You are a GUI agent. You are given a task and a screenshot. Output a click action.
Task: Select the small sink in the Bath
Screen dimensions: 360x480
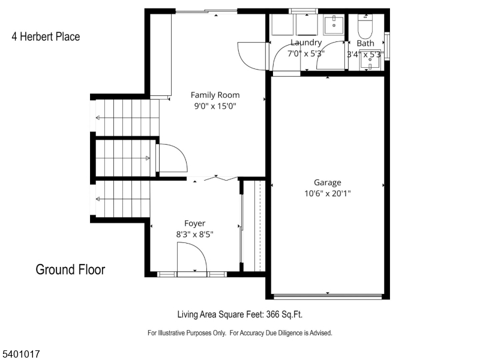365,61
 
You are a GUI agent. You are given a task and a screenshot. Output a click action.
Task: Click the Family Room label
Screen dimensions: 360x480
215,95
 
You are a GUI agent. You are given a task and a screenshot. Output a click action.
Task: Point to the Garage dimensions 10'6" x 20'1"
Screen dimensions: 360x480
328,193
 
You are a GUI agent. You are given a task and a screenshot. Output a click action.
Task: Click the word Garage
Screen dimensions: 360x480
328,182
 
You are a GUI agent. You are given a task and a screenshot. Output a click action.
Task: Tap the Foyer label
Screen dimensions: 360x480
195,223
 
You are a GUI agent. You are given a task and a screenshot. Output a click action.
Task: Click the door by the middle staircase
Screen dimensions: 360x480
170,158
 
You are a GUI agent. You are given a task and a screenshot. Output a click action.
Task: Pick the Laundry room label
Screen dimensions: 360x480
306,43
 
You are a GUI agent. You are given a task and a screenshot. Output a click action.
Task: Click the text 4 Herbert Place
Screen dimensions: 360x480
46,37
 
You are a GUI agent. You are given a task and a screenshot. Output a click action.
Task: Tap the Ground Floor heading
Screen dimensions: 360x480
70,269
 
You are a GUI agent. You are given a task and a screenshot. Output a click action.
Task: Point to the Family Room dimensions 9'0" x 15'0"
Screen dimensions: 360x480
215,106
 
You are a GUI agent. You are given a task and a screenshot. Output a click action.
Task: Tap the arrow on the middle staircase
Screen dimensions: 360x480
148,158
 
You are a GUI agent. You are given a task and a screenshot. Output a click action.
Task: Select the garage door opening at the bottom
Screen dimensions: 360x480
328,295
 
